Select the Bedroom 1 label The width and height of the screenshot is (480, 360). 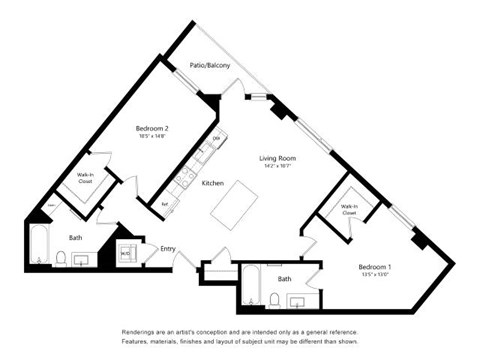click(x=376, y=268)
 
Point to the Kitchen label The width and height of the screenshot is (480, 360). click(x=212, y=184)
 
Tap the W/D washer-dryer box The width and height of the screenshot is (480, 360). click(x=125, y=254)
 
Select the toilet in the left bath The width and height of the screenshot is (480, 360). click(x=61, y=260)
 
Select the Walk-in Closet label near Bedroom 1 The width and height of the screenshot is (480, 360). click(x=349, y=210)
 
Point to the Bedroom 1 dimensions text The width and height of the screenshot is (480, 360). click(x=376, y=277)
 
